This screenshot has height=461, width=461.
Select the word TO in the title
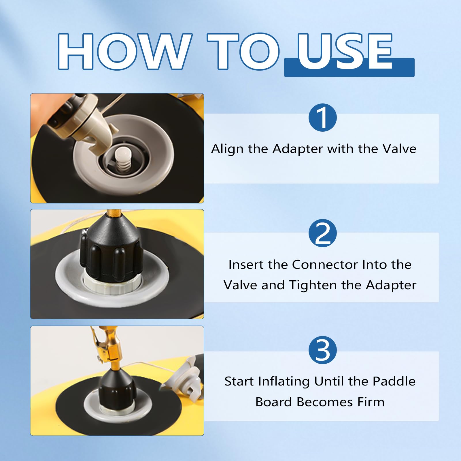[243, 51]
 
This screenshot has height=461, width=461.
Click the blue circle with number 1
[322, 118]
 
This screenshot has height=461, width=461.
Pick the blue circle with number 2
[322, 233]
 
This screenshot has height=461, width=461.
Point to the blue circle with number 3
[322, 350]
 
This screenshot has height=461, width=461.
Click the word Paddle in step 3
[394, 381]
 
